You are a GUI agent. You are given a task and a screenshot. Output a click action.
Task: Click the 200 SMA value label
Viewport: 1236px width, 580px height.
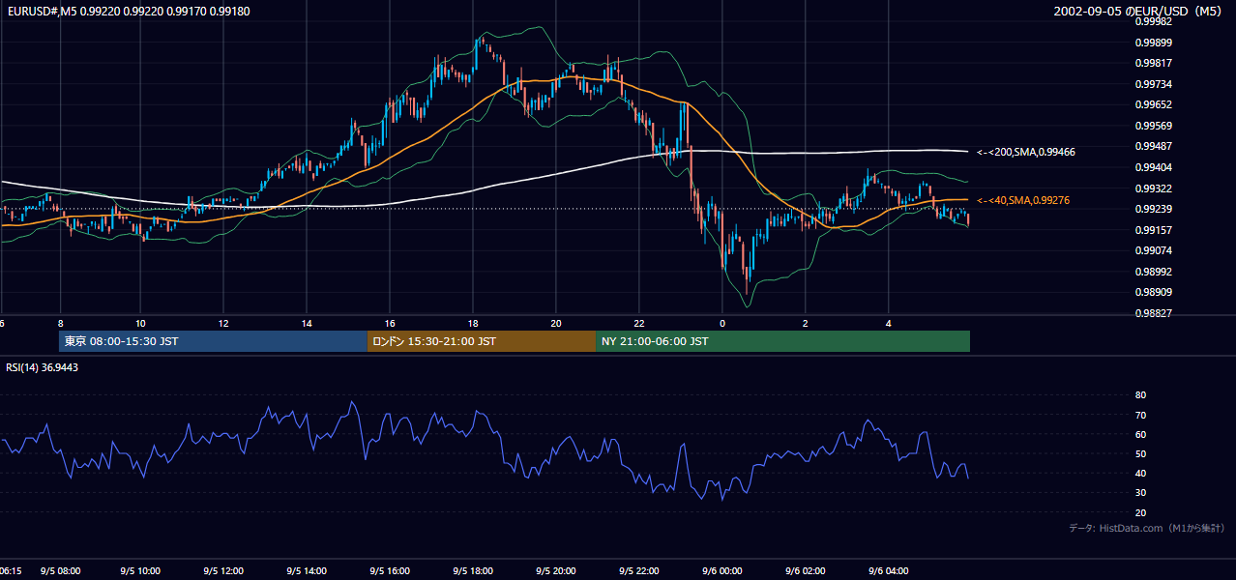[x=1026, y=152]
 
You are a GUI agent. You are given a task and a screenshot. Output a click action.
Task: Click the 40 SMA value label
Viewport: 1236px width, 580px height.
[x=1023, y=201]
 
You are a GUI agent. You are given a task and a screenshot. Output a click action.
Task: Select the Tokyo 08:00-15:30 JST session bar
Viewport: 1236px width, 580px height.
[x=213, y=341]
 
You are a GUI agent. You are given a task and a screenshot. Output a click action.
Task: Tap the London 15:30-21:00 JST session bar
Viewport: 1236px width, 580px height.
[x=482, y=341]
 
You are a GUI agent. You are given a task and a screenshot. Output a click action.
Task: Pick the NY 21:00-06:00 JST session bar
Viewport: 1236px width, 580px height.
[x=783, y=341]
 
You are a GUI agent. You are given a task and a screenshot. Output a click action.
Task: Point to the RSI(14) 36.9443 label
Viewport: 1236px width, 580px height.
[x=42, y=367]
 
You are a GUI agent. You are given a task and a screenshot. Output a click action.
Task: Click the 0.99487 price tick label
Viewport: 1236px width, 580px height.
[x=1153, y=146]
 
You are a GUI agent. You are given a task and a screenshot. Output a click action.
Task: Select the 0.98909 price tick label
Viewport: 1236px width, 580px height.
[x=1153, y=292]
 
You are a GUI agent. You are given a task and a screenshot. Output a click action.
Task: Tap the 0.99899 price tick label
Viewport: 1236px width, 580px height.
[x=1153, y=43]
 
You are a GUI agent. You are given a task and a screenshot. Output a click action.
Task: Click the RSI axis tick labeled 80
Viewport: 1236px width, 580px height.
[x=1140, y=394]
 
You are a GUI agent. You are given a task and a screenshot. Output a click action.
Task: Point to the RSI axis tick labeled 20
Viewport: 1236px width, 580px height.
[x=1140, y=512]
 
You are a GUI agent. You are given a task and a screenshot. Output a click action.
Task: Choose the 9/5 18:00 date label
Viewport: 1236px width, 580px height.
[x=473, y=571]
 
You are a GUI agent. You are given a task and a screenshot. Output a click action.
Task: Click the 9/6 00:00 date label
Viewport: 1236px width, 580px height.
[x=722, y=571]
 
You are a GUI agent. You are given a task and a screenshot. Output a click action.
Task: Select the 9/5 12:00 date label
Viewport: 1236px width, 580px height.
[x=223, y=571]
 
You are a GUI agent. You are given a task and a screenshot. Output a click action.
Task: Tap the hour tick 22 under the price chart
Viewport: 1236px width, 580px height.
[x=639, y=324]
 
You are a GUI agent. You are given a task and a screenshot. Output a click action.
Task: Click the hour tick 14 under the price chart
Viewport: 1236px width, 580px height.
[x=307, y=324]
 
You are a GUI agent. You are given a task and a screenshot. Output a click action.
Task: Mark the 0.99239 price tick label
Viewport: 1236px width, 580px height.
[x=1153, y=209]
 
